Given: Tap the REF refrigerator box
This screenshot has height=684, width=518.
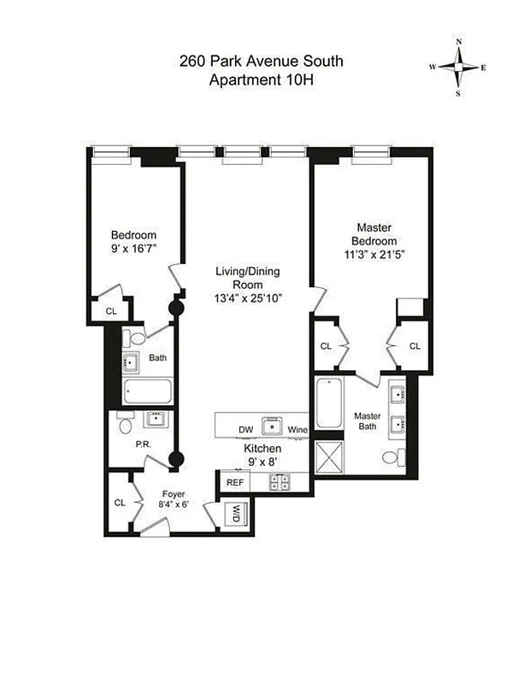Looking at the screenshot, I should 235,482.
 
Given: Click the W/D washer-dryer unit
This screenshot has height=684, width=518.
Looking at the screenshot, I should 234,514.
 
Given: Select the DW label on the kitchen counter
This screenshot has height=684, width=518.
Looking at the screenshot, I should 245,429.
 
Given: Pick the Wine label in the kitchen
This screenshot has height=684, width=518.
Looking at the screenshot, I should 297,429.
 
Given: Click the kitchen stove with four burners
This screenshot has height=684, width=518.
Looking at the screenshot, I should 279,482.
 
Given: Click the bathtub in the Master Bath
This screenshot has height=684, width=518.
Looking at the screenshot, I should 328,405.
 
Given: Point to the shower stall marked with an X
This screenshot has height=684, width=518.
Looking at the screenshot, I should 328,454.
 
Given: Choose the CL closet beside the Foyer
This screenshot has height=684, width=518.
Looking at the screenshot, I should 120,502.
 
